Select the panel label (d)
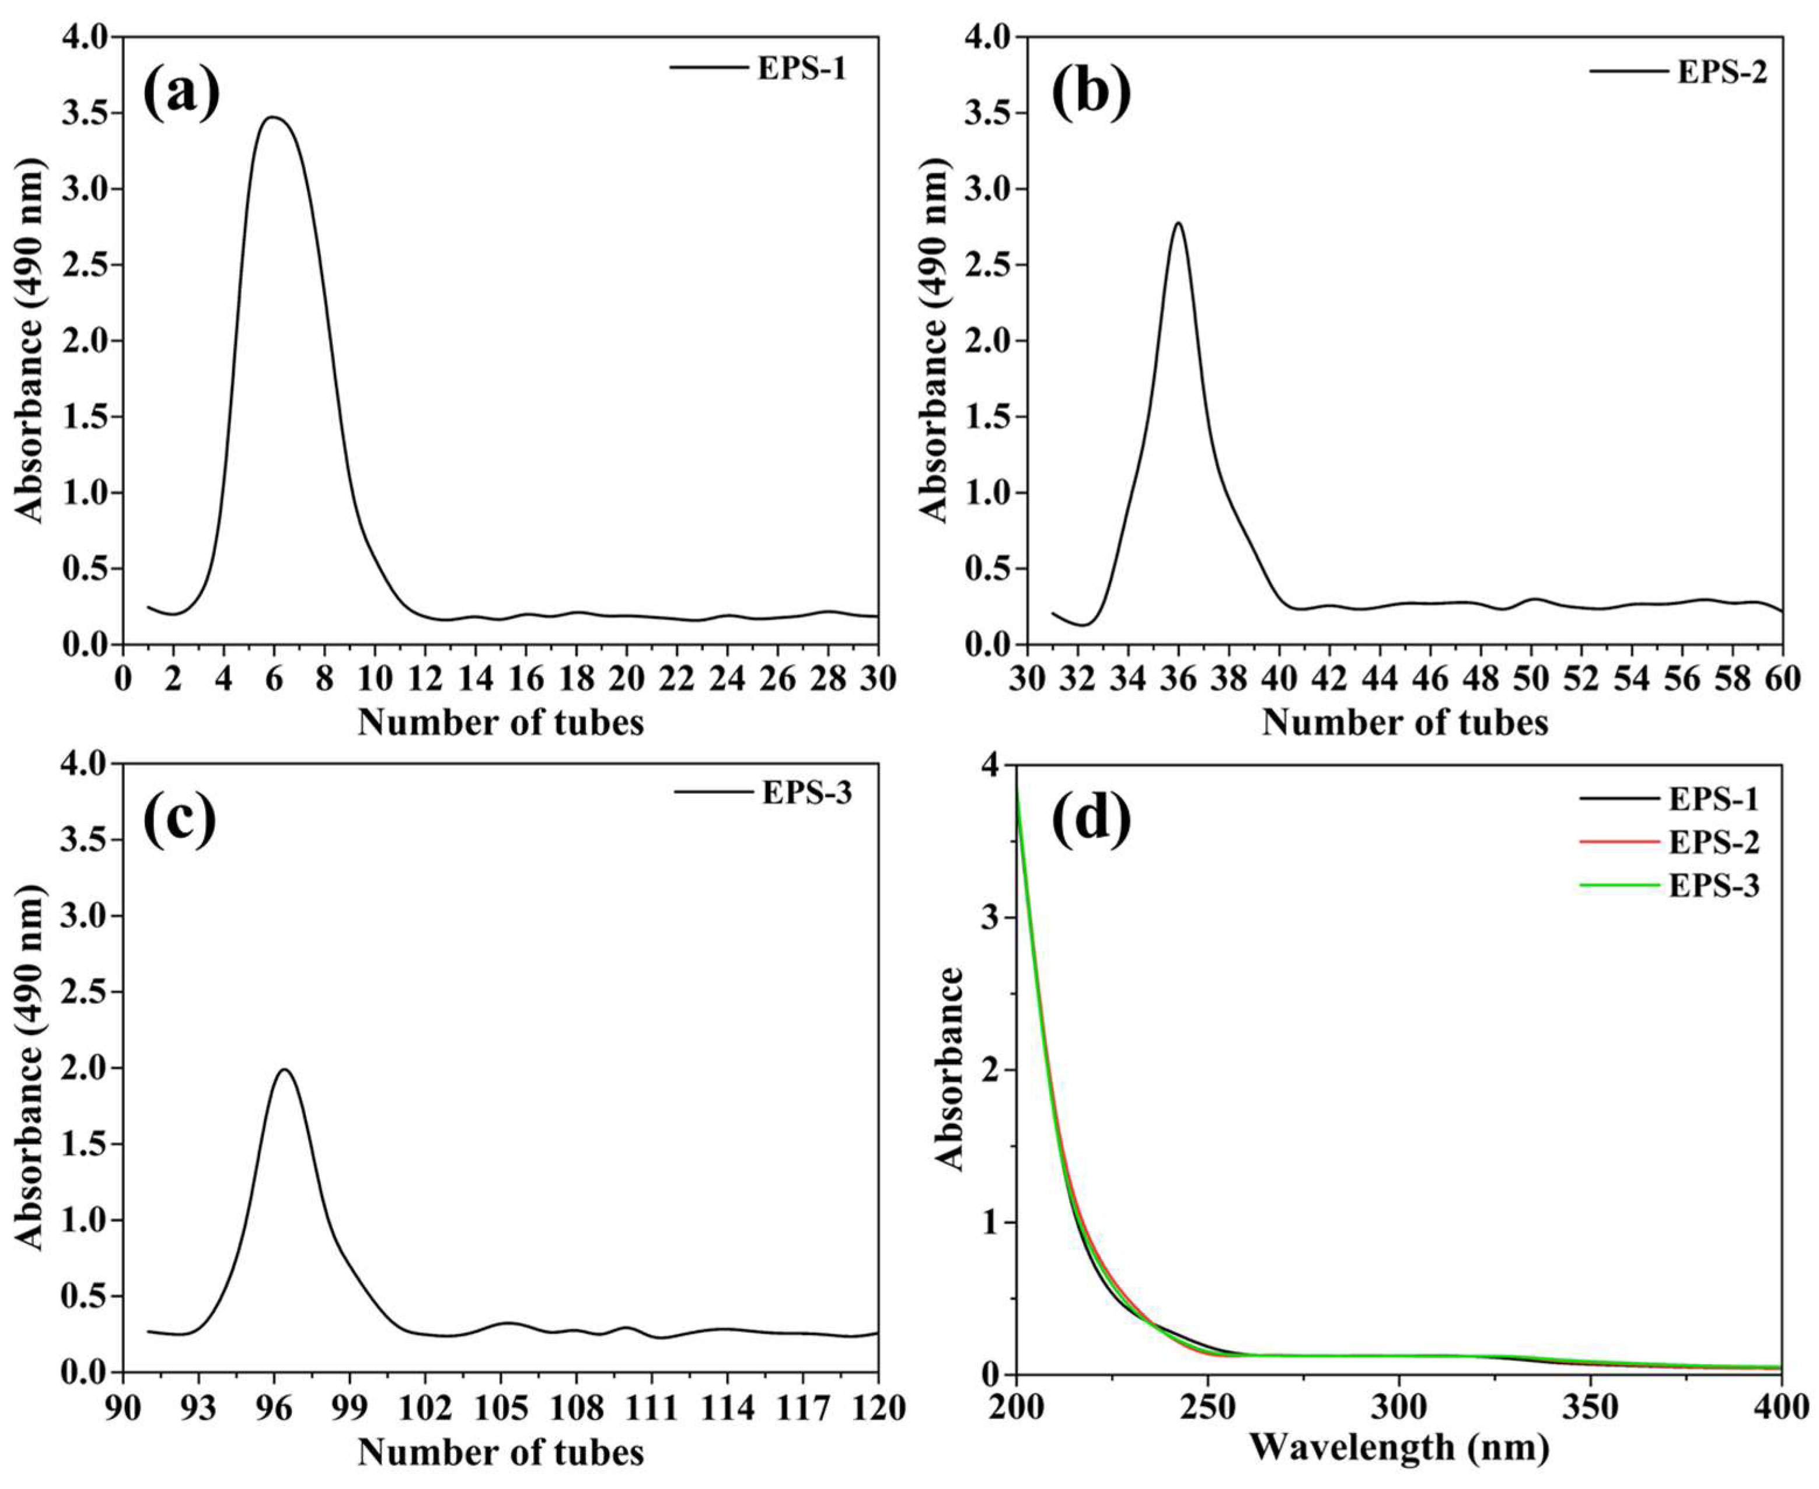pos(1091,819)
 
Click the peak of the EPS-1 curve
pos(273,117)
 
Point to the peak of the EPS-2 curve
pos(1178,224)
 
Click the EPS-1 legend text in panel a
pos(801,69)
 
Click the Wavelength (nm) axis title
pos(1399,1449)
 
